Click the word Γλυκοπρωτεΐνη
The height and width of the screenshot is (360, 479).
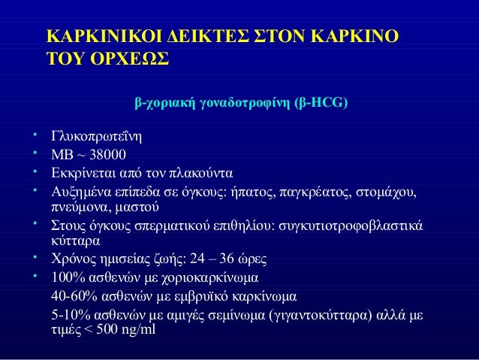tap(95, 137)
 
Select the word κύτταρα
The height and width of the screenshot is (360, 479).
tap(72, 241)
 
